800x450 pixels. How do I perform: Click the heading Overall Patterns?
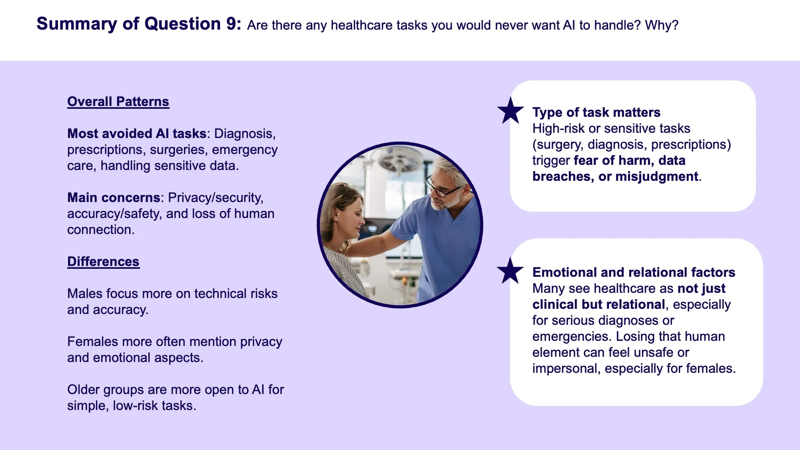[118, 102]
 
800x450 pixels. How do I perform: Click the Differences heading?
[103, 262]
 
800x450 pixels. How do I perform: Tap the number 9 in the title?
[231, 24]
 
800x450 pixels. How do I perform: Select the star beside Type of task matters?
[510, 110]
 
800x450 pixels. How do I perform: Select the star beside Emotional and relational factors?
[510, 270]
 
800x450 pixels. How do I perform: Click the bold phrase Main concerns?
[114, 197]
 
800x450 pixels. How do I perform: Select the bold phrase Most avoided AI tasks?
[137, 134]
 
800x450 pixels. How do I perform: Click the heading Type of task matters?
[596, 112]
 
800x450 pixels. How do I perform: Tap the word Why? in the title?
[662, 25]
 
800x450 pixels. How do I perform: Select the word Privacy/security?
[215, 197]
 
